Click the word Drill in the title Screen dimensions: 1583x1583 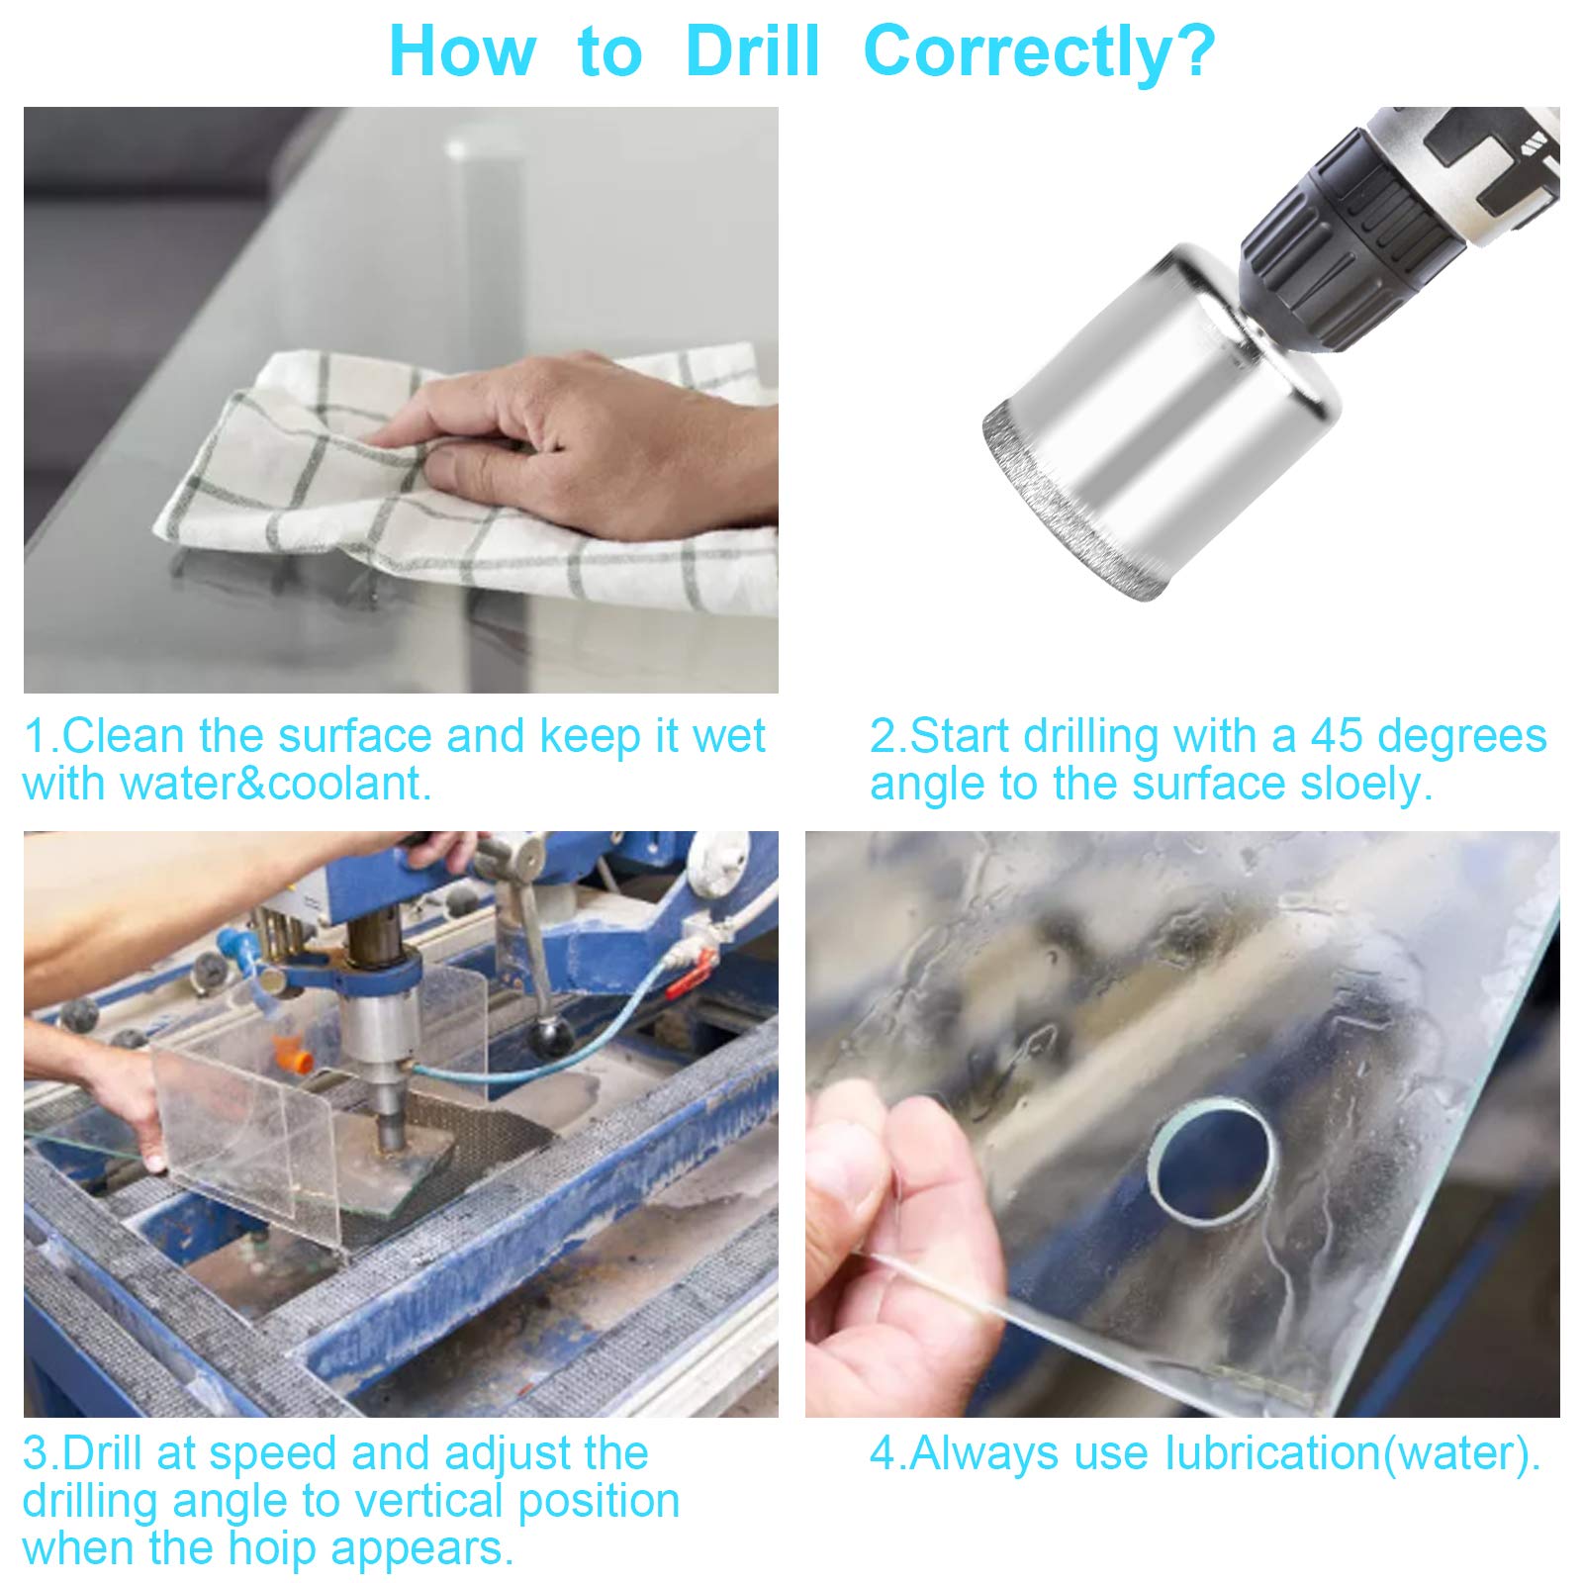tap(753, 51)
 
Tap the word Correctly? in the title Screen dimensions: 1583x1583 tap(1039, 51)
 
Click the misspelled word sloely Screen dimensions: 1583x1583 tap(1366, 784)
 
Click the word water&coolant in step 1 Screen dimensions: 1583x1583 tap(275, 784)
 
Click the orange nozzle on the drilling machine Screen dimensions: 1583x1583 tap(298, 1058)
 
